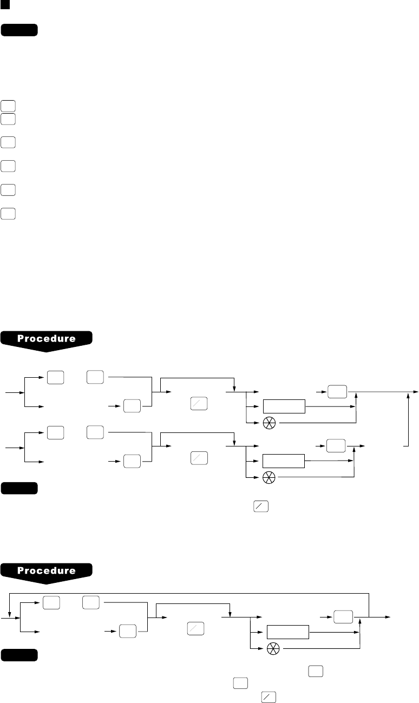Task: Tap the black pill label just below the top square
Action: pos(19,30)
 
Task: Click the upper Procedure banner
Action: pos(47,339)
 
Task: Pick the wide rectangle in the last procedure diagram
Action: pos(288,632)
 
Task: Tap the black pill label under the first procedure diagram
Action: pos(19,489)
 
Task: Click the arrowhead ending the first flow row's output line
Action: pos(415,391)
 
